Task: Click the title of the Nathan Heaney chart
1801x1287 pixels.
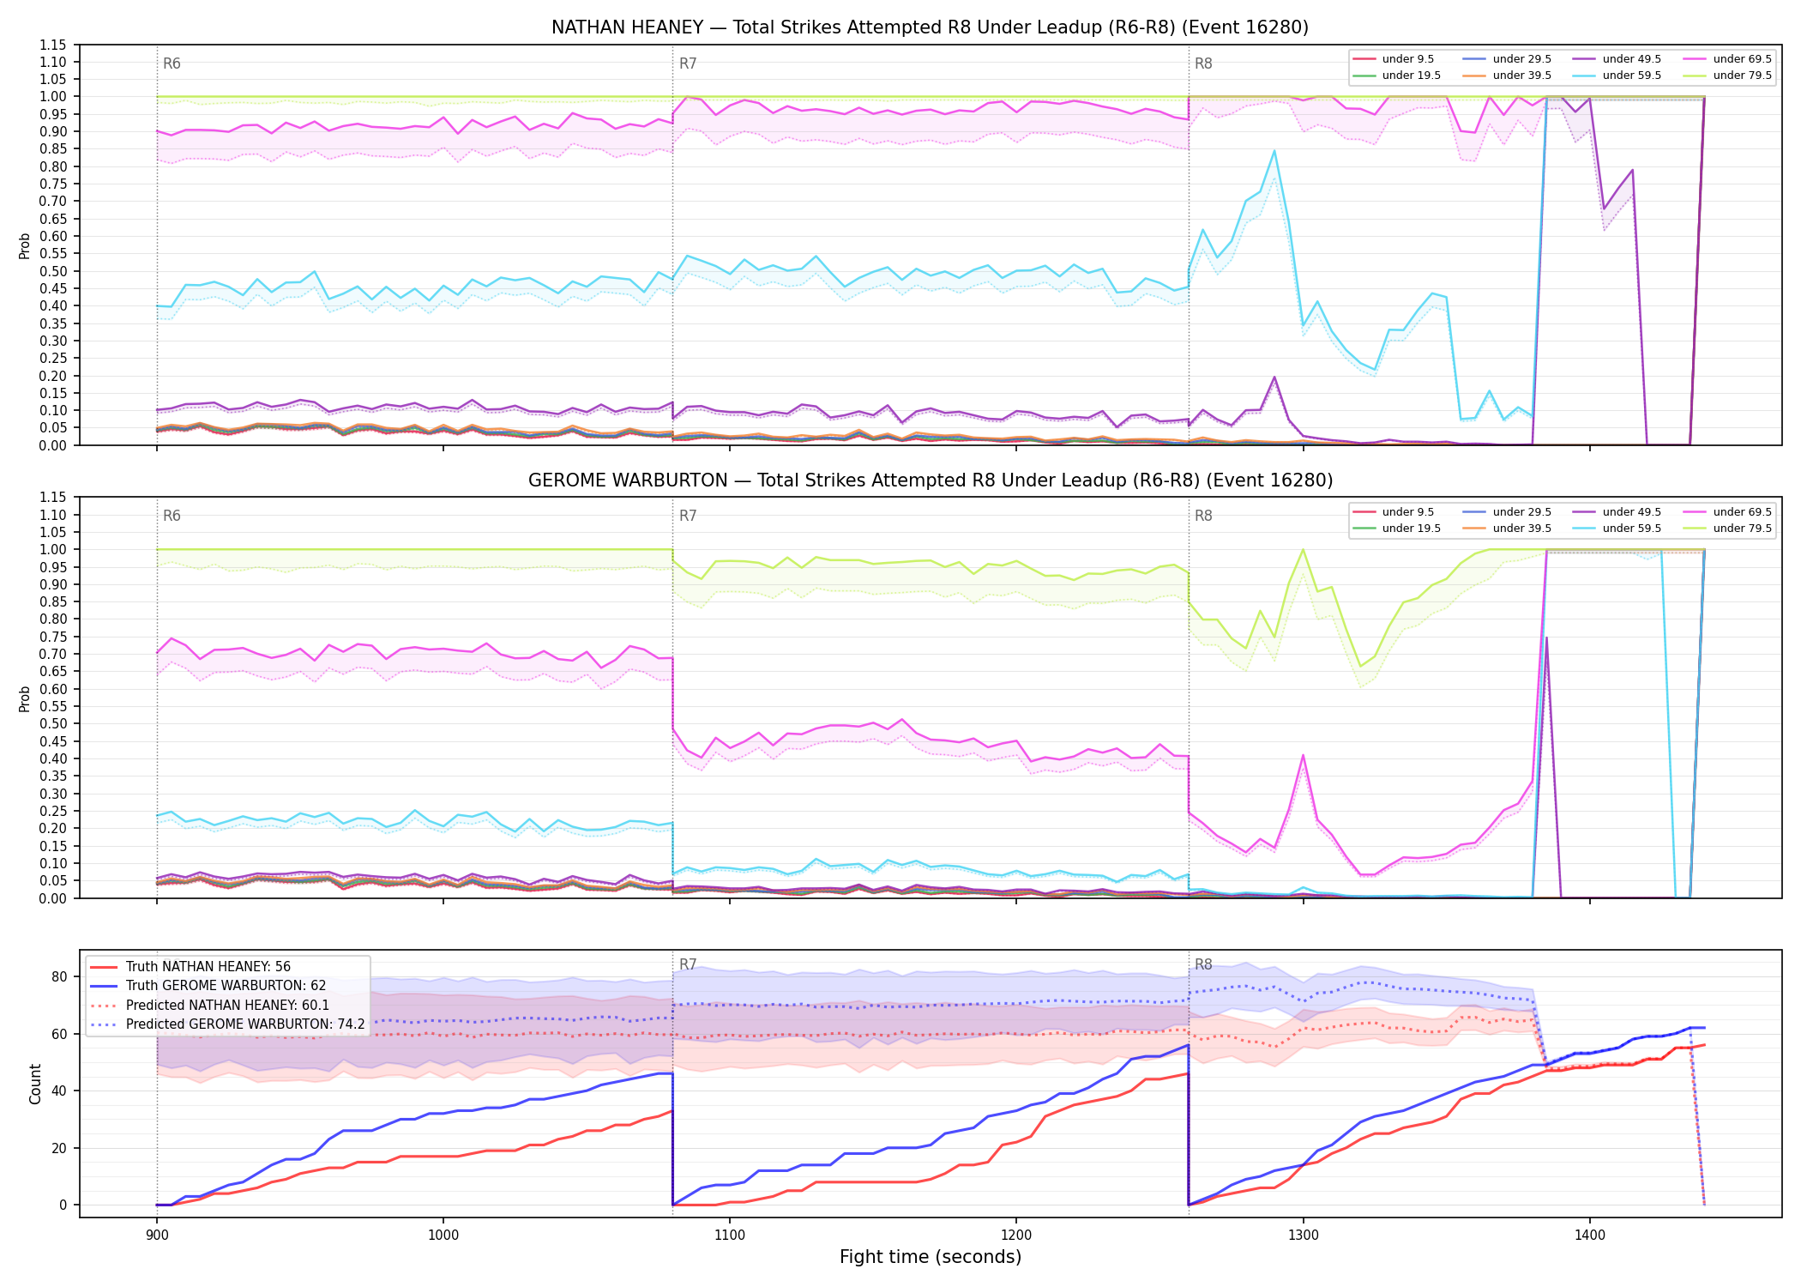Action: (930, 27)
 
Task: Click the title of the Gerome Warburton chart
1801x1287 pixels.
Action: (930, 480)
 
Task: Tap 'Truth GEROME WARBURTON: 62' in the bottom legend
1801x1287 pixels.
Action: (226, 986)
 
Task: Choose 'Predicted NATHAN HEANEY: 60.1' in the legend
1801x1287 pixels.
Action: (227, 1005)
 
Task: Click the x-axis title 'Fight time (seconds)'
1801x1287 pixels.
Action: (931, 1257)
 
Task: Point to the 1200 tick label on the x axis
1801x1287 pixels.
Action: (1016, 1236)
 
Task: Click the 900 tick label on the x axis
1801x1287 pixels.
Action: (156, 1236)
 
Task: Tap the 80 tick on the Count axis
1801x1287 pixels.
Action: (59, 976)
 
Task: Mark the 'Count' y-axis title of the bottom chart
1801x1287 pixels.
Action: (35, 1084)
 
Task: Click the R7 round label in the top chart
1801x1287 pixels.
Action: (688, 63)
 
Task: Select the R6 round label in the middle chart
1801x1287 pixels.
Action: (172, 516)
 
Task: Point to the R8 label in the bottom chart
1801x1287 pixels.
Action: (1203, 964)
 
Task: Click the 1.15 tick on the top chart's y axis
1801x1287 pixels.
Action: (54, 45)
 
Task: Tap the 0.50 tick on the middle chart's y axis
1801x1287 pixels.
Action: (54, 723)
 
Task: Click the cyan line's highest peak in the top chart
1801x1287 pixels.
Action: (1274, 151)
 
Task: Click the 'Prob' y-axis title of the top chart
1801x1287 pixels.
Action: (25, 245)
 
